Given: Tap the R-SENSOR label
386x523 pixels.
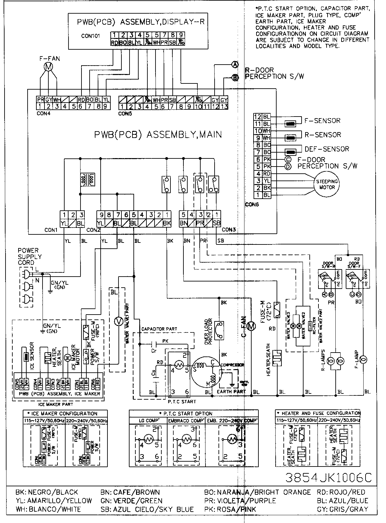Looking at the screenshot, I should [x=323, y=135].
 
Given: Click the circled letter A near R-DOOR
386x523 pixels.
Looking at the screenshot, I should [x=235, y=65].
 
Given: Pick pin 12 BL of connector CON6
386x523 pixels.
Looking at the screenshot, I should [x=262, y=117].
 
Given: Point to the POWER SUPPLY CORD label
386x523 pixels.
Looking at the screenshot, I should [x=30, y=256].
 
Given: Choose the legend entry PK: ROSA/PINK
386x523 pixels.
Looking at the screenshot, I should [x=230, y=509].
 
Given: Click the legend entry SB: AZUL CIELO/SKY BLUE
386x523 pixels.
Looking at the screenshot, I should [x=148, y=509].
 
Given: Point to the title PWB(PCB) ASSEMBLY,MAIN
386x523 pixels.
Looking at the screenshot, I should [x=158, y=135].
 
